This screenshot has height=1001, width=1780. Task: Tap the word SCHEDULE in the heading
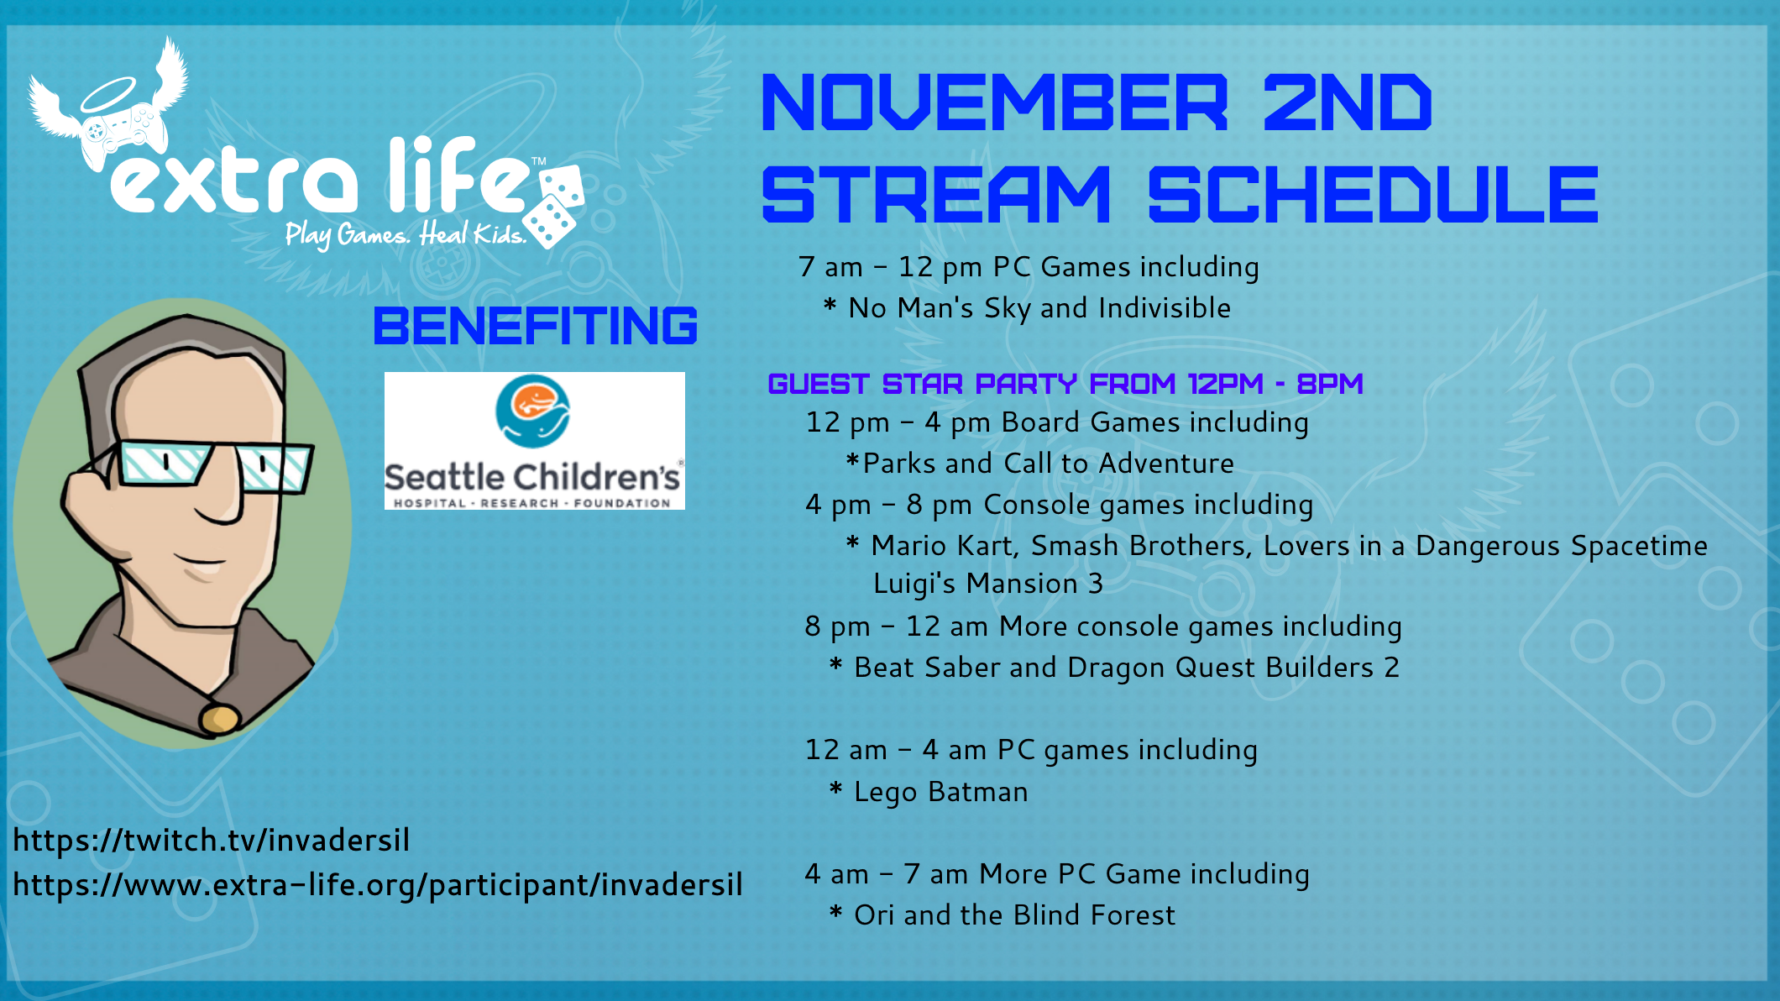pyautogui.click(x=1373, y=194)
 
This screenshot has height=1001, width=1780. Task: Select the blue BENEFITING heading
pyautogui.click(x=535, y=326)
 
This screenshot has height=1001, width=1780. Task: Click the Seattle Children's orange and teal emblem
pyautogui.click(x=532, y=411)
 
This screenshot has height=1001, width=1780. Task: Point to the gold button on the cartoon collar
pyautogui.click(x=219, y=719)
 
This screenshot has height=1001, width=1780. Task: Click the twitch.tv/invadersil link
pyautogui.click(x=211, y=840)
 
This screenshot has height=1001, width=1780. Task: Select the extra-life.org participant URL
pyautogui.click(x=378, y=885)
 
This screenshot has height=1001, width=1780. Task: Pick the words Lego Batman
pyautogui.click(x=940, y=792)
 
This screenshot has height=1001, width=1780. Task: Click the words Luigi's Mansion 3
pyautogui.click(x=988, y=584)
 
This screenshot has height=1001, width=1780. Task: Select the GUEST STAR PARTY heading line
pyautogui.click(x=1065, y=384)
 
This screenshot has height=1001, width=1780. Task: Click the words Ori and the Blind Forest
pyautogui.click(x=1014, y=915)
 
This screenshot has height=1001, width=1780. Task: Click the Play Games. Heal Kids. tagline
pyautogui.click(x=406, y=235)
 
